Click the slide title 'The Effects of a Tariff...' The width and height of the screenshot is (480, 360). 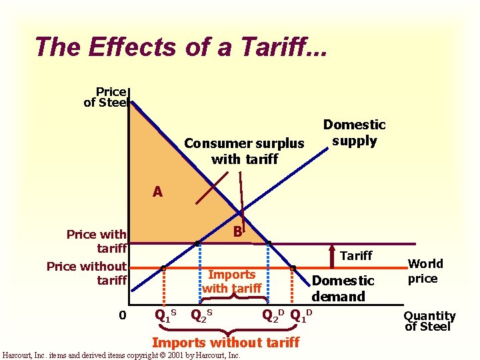181,47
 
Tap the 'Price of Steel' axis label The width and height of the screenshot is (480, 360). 105,97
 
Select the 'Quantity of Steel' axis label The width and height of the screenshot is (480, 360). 430,321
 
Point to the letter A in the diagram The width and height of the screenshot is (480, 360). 157,192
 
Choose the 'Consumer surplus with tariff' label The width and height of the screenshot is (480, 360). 244,151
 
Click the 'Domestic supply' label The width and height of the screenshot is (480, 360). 354,133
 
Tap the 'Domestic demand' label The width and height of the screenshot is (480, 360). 343,288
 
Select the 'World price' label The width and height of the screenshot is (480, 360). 423,271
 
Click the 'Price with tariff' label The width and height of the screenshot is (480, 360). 97,241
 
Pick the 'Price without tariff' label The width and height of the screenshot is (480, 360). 87,273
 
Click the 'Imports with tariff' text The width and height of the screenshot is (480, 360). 231,281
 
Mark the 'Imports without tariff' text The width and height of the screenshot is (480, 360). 226,342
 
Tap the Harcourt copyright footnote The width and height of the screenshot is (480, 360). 121,355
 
